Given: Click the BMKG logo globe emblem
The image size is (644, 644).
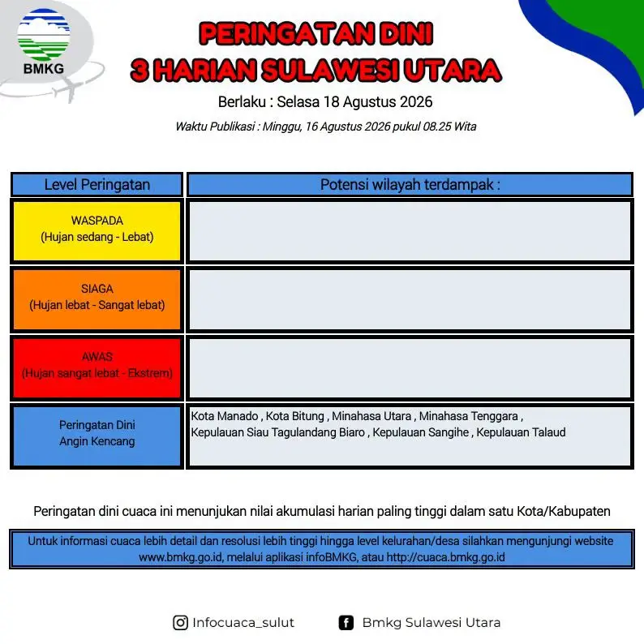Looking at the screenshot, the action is (x=44, y=35).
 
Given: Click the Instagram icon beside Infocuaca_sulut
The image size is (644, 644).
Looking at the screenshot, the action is (x=180, y=623).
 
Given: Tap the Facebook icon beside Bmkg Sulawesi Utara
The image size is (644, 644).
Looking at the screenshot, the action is (x=346, y=623).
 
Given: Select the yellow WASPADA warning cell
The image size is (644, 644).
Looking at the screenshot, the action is (x=97, y=231).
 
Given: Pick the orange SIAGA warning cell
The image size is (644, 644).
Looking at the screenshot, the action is (x=97, y=299).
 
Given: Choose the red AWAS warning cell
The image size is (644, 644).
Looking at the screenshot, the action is (x=97, y=367).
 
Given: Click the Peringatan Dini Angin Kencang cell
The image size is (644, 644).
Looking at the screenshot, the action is (x=97, y=436).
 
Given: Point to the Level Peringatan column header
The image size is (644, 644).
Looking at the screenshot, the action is (x=97, y=184).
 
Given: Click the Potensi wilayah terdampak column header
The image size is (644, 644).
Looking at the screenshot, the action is (x=410, y=184).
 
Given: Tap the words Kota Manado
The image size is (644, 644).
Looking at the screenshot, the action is (x=224, y=416).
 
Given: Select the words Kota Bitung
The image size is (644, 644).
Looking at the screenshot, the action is (x=295, y=416).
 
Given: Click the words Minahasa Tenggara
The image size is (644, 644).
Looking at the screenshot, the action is (x=468, y=416).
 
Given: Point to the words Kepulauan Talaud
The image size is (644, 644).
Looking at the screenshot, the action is (x=521, y=432).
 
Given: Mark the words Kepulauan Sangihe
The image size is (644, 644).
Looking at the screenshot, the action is (x=421, y=432).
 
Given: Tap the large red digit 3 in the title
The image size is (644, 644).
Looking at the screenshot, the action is (x=140, y=70).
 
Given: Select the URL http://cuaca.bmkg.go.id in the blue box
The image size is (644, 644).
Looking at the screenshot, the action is (x=445, y=557).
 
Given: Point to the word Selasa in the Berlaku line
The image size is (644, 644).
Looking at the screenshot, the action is (x=298, y=102).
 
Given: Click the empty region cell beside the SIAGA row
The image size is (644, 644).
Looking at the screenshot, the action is (x=410, y=299).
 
